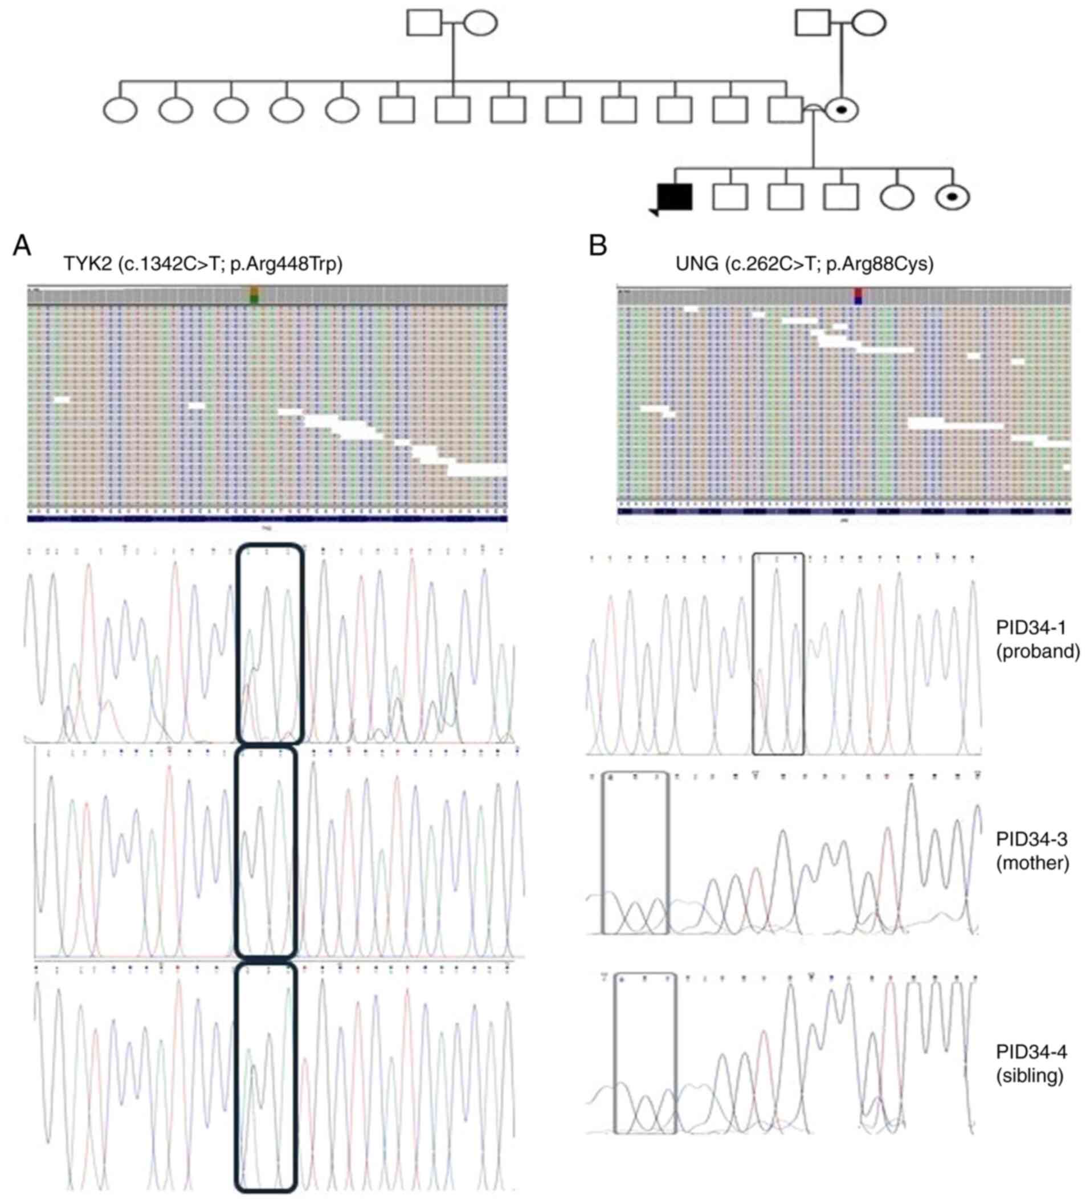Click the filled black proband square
coord(674,197)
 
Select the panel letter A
coord(22,246)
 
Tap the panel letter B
coord(598,246)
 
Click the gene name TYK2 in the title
coord(87,264)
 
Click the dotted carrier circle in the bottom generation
coord(953,197)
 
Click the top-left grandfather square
coord(424,23)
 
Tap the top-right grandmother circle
coord(868,23)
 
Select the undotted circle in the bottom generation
coord(897,197)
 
